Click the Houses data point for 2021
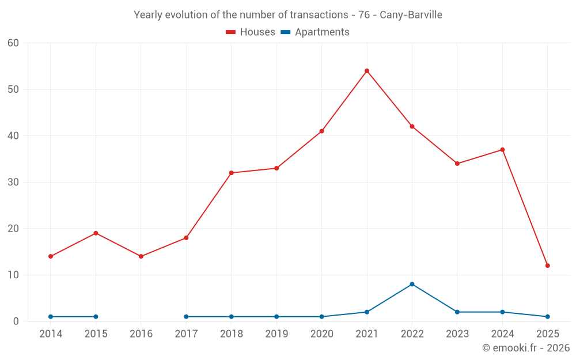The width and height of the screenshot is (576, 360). (x=367, y=71)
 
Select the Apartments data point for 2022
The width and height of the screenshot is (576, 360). (x=412, y=284)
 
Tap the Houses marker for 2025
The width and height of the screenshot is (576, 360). (x=548, y=266)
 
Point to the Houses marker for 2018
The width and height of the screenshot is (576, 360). (x=232, y=173)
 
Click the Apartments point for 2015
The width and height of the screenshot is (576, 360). (x=96, y=317)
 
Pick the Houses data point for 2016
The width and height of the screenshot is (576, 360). (x=141, y=256)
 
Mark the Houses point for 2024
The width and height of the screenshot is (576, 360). (x=502, y=150)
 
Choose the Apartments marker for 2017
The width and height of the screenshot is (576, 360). (x=186, y=317)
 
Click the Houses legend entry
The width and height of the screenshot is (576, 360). (x=251, y=32)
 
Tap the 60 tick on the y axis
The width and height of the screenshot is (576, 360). (x=13, y=43)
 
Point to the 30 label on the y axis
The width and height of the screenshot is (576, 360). (x=13, y=182)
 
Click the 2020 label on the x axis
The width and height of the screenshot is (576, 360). (x=321, y=334)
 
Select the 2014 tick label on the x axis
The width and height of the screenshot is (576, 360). (x=51, y=334)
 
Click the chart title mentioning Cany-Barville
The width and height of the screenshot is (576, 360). (x=288, y=15)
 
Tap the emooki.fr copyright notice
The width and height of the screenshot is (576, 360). (x=525, y=348)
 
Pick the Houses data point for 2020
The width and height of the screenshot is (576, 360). (x=321, y=131)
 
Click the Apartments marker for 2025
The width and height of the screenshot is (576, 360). (x=548, y=317)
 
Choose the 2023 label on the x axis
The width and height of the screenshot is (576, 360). (x=457, y=334)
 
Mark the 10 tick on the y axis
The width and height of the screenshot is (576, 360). (x=13, y=275)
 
